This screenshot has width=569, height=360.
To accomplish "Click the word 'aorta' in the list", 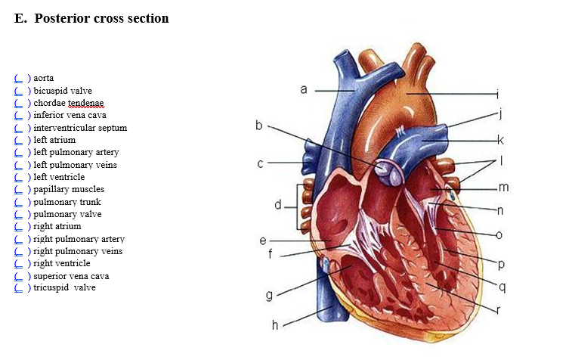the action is click(43, 78).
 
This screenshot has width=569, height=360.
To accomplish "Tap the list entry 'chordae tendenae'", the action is click(68, 103).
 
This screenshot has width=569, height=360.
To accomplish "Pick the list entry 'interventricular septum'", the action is click(79, 128).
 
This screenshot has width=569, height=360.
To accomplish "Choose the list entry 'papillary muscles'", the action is click(68, 189).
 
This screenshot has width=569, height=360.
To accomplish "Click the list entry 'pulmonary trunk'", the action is click(66, 202).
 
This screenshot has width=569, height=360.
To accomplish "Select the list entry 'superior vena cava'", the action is click(71, 276).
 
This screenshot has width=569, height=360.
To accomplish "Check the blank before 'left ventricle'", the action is click(19, 177).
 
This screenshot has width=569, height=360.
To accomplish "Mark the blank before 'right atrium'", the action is click(19, 226).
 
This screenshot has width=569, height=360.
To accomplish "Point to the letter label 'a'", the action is click(303, 89).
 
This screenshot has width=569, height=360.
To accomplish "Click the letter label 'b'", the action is click(258, 126).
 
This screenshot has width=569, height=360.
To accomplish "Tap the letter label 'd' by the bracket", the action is click(278, 204).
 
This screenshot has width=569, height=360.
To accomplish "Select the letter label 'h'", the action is click(275, 325).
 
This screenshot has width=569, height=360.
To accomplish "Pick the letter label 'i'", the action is click(497, 95).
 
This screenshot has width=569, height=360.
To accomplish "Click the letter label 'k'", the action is click(499, 140).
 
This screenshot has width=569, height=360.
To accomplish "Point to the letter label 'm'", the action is click(504, 187).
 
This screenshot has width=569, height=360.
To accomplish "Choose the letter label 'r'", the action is click(499, 309).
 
